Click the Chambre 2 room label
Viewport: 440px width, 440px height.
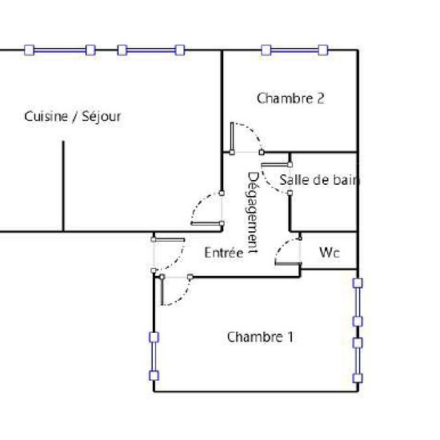290,98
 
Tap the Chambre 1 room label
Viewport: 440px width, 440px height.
260,337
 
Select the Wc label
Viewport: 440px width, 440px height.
330,253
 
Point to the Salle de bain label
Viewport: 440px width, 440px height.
320,180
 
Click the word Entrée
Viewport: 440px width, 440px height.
224,253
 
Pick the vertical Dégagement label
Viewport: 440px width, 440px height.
253,213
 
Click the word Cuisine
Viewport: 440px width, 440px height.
46,116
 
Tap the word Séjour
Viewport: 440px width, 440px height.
101,117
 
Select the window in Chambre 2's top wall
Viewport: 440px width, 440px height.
294,50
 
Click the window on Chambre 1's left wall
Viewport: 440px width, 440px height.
154,356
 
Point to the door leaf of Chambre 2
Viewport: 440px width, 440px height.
232,138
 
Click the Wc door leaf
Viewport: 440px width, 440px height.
288,263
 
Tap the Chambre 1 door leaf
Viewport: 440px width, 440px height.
162,290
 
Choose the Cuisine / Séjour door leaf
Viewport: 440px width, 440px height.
207,224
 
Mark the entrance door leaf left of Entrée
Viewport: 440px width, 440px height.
168,240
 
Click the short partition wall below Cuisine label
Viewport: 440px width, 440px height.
63,186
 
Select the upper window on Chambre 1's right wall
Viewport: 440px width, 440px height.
358,302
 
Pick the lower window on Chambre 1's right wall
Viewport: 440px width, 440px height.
358,361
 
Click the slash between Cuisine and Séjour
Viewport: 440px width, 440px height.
74,117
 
